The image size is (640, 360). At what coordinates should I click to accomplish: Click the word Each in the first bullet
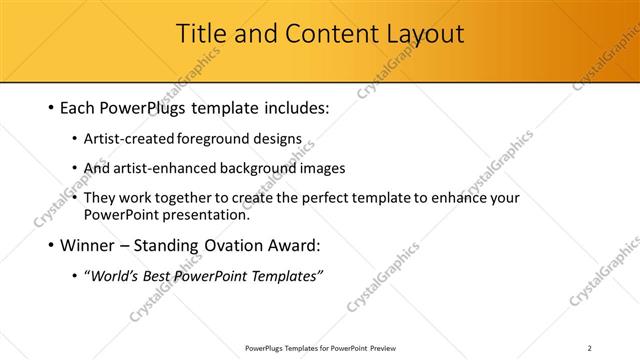click(x=80, y=106)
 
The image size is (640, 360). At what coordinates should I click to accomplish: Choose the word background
click(x=260, y=169)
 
